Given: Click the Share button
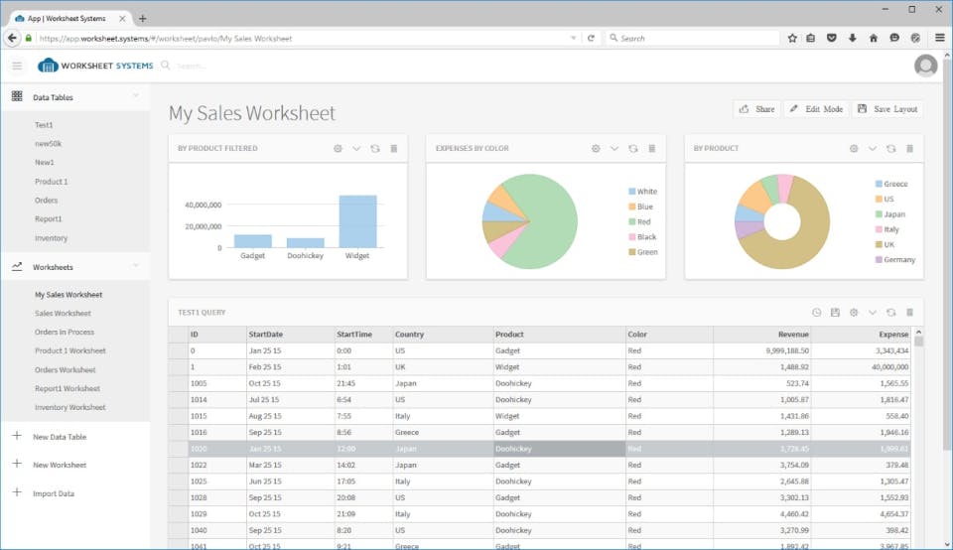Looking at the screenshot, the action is (756, 109).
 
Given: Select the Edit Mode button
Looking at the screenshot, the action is (816, 109).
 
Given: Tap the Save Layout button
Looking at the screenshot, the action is (887, 109).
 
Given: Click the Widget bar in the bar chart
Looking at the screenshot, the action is (357, 221).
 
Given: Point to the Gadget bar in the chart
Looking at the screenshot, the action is (253, 241).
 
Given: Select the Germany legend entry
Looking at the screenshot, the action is (895, 260).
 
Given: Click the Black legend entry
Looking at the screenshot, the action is (642, 237).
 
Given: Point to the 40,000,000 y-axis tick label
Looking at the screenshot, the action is (203, 205).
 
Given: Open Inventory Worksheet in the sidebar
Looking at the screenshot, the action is (69, 407).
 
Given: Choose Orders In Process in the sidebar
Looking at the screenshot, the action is (64, 332).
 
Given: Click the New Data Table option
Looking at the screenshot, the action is (60, 437).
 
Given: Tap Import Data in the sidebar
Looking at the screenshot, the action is (54, 493).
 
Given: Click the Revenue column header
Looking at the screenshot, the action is (793, 335).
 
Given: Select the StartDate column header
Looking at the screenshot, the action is (266, 335).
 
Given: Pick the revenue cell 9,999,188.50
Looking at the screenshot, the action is (787, 350).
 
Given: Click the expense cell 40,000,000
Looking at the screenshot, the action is (889, 367).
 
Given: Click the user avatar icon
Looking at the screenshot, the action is (925, 66).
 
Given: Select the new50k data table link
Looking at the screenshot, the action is (48, 143).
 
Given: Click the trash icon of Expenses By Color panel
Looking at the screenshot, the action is (651, 148).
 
